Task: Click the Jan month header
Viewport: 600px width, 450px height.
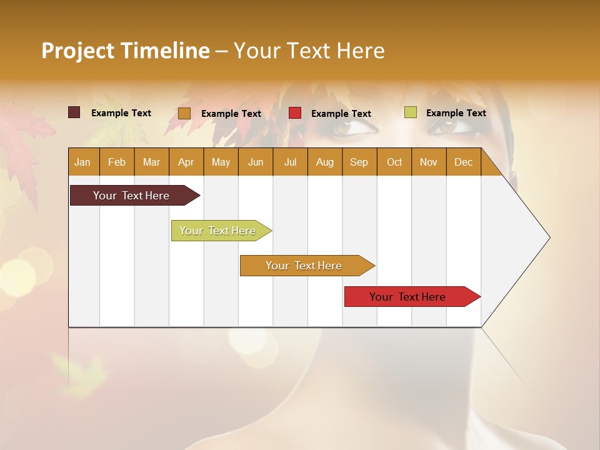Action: [82, 162]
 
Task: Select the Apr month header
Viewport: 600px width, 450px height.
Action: [186, 162]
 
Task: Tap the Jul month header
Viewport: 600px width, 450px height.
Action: [290, 162]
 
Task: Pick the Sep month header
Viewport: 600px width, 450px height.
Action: [359, 162]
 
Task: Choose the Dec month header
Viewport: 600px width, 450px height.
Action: [463, 162]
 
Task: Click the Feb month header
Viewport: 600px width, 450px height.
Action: [117, 162]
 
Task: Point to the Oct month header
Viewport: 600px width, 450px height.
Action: [394, 162]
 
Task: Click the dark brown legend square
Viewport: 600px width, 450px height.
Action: [74, 112]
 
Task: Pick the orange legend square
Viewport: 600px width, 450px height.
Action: [184, 113]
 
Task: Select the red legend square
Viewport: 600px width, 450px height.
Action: [295, 113]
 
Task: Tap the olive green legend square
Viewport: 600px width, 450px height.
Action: [410, 112]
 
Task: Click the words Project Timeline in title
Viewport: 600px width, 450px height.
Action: [125, 51]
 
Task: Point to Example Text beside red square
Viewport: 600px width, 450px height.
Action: [341, 113]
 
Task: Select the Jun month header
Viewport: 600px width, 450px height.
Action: [256, 162]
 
